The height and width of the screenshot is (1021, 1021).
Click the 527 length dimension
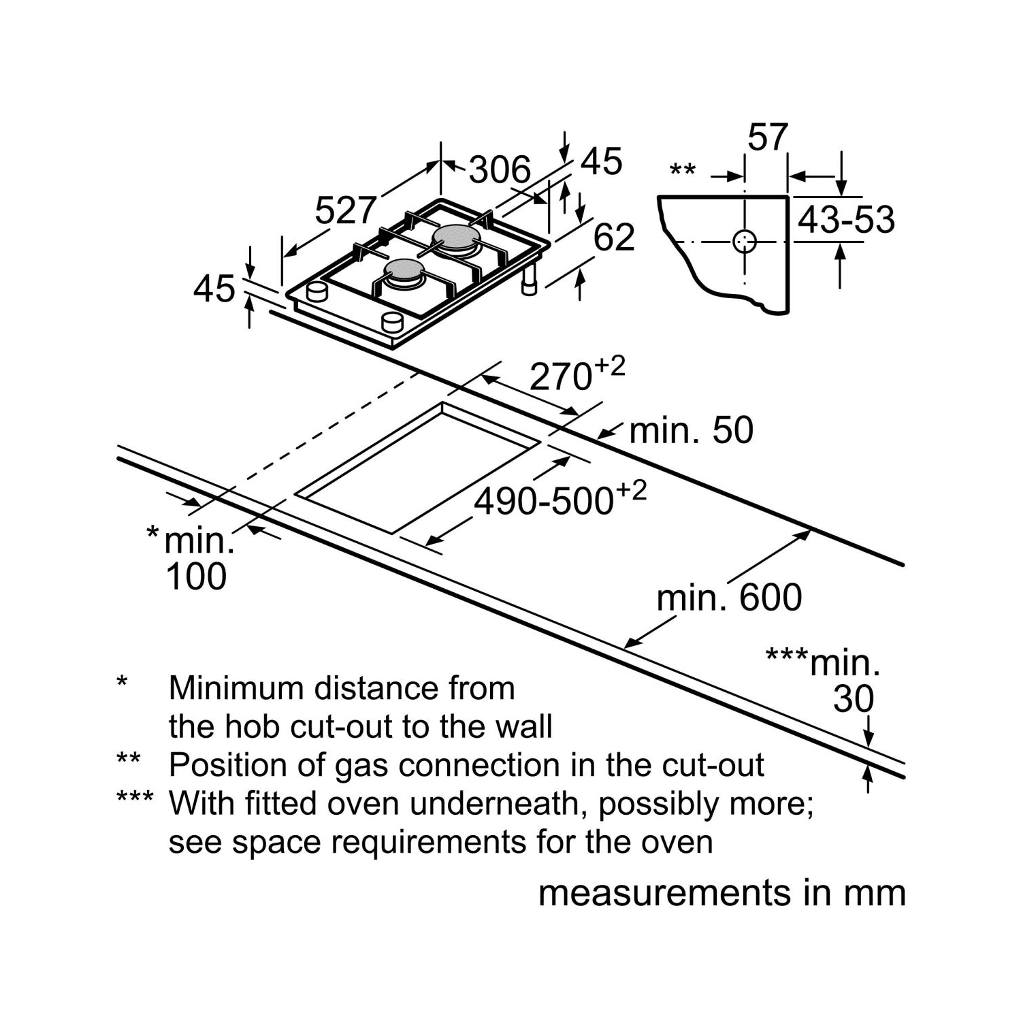coord(345,210)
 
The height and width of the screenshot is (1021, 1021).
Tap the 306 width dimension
coord(500,169)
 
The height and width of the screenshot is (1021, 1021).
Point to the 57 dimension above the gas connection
coord(767,137)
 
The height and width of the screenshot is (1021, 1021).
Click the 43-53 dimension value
coord(846,220)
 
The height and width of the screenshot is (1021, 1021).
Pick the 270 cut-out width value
coord(562,376)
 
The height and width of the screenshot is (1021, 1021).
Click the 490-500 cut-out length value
coord(544,502)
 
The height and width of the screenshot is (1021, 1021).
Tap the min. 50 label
coord(691,431)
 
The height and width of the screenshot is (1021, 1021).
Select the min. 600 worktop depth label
coord(729,598)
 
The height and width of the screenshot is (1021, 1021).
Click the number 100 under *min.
coord(196,577)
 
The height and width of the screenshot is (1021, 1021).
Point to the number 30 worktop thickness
coord(853,699)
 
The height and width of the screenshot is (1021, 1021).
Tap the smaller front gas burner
coord(404,272)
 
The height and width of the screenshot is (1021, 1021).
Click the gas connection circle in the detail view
coord(745,241)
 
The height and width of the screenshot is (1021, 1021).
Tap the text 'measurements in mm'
coord(722,893)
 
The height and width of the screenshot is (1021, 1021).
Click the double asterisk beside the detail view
coord(683,170)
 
